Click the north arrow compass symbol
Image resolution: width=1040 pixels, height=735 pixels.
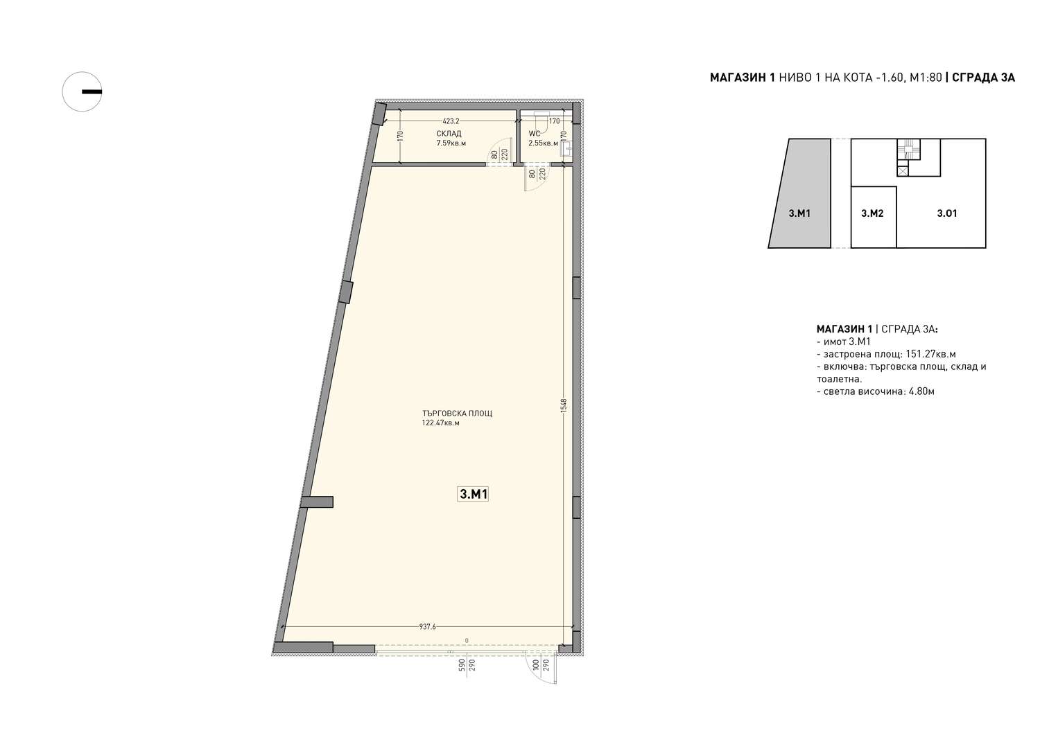pyautogui.click(x=82, y=91)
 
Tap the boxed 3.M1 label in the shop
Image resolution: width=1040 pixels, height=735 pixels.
pyautogui.click(x=473, y=494)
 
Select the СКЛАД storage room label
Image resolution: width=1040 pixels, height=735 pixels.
pyautogui.click(x=449, y=134)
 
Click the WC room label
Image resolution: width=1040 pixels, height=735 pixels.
pyautogui.click(x=534, y=134)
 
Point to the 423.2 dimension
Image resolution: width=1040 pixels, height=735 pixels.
pyautogui.click(x=451, y=121)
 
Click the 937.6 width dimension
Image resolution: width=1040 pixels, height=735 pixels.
pyautogui.click(x=428, y=626)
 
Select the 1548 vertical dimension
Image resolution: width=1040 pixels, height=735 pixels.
pyautogui.click(x=564, y=405)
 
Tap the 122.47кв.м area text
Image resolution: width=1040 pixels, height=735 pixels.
pyautogui.click(x=440, y=423)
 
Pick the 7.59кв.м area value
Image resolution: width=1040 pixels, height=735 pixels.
pyautogui.click(x=451, y=143)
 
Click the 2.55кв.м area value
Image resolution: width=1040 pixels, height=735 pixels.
pyautogui.click(x=543, y=143)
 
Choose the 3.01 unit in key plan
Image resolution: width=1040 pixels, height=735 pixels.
pyautogui.click(x=946, y=213)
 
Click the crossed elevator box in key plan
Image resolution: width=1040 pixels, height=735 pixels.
pyautogui.click(x=902, y=172)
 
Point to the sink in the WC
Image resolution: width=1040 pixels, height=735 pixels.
pyautogui.click(x=566, y=148)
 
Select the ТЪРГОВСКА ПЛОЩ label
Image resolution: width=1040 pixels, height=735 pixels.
pyautogui.click(x=458, y=414)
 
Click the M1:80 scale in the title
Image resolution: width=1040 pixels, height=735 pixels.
pyautogui.click(x=926, y=78)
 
